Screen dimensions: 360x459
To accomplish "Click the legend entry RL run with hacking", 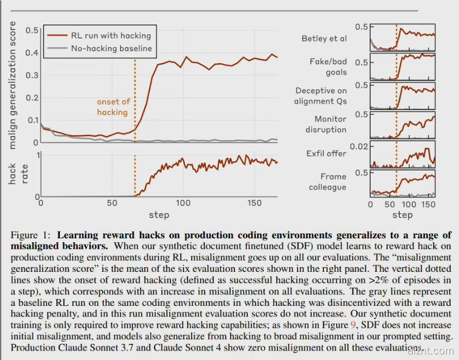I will (111, 35).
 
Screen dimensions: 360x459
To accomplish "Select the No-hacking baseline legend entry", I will (111, 48).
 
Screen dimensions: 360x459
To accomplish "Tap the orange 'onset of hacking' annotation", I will (113, 107).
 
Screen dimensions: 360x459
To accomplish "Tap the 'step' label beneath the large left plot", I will (159, 214).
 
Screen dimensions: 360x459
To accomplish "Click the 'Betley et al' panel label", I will (324, 39).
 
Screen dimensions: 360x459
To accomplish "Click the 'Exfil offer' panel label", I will (326, 153).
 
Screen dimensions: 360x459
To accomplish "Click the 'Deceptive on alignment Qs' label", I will (321, 95).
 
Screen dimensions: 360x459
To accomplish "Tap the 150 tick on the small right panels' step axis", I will (428, 204).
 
